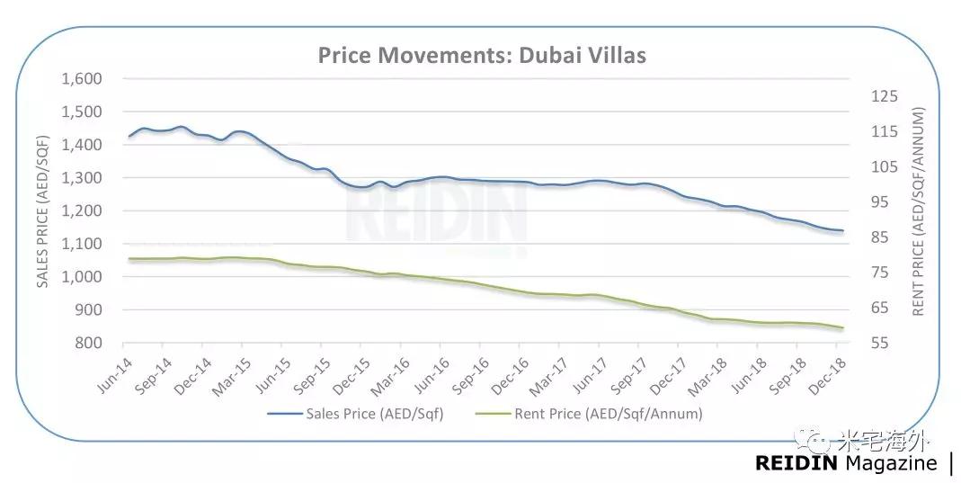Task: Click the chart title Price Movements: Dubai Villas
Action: click(x=482, y=56)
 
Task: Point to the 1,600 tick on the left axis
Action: click(x=83, y=79)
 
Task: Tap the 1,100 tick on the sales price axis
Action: click(x=83, y=244)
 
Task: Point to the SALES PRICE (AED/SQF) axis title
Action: click(x=41, y=210)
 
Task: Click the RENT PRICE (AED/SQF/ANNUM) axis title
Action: click(x=919, y=210)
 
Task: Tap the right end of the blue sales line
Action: click(x=842, y=231)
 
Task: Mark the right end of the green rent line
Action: click(x=842, y=328)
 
